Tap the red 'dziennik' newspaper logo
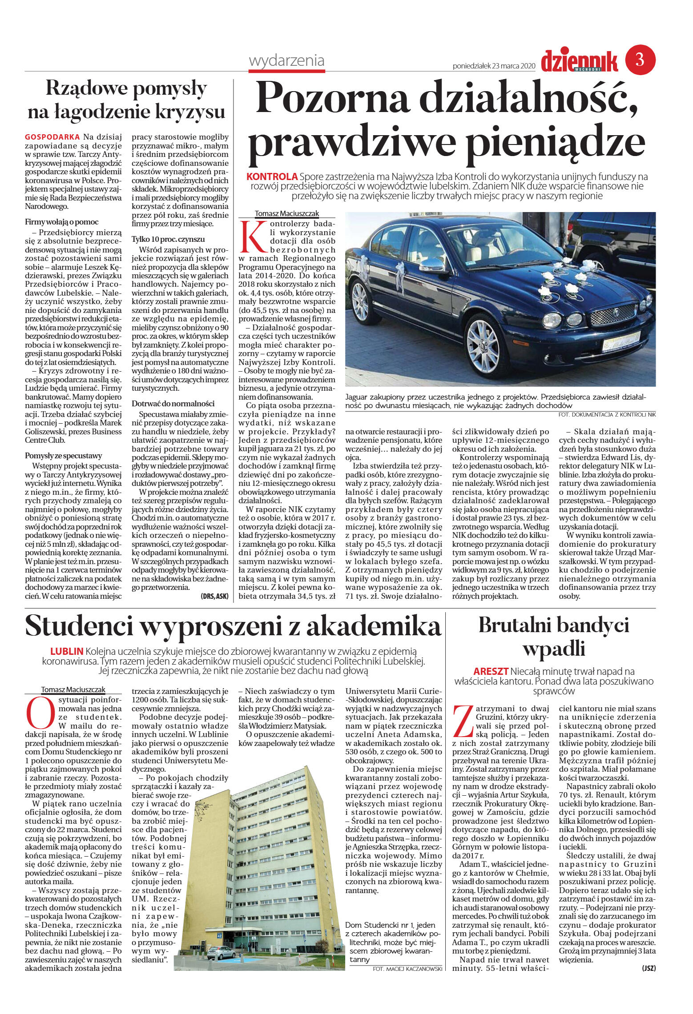[x=579, y=62]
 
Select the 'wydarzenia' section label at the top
[x=286, y=61]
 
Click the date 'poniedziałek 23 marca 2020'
[x=493, y=66]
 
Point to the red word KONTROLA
[x=272, y=176]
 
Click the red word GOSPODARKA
[x=52, y=137]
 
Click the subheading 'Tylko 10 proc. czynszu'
[x=168, y=239]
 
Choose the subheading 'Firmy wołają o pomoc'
[x=61, y=222]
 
